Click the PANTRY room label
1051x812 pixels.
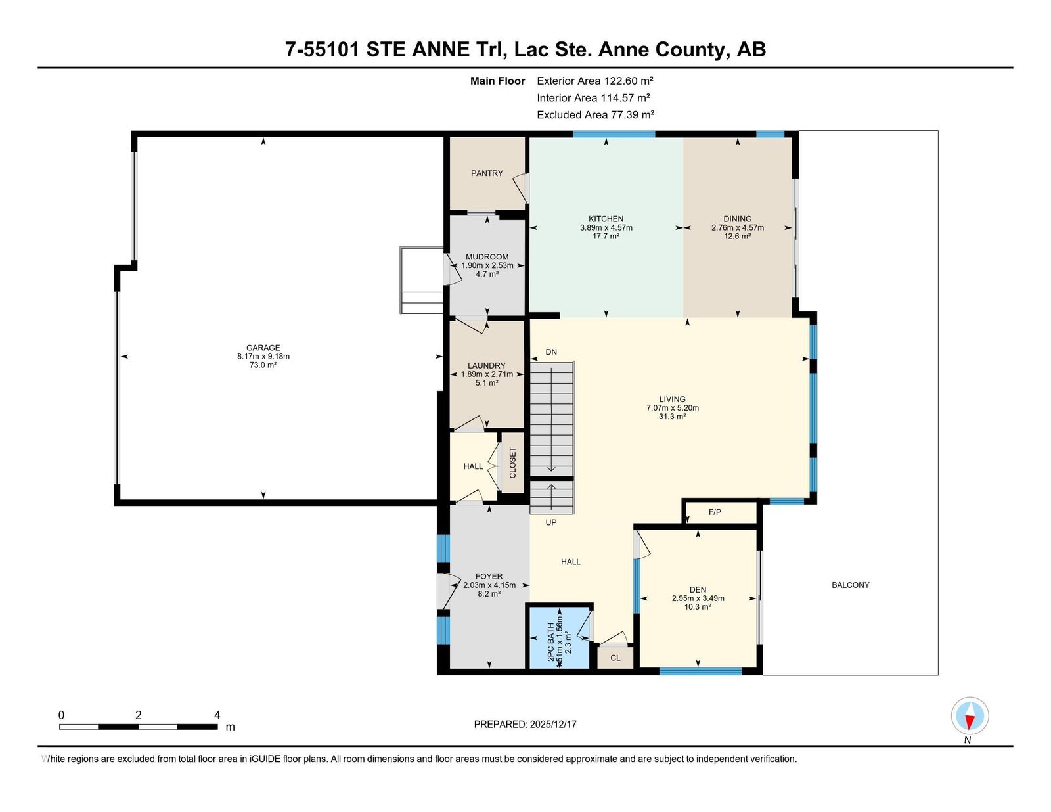[487, 173]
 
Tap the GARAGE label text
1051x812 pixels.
[263, 348]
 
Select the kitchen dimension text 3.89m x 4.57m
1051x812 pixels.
[606, 227]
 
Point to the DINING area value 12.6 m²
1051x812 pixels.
[737, 236]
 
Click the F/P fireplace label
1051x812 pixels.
[715, 512]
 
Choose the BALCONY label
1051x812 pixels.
[850, 585]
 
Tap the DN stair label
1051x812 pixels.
[551, 352]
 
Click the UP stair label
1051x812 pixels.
[551, 522]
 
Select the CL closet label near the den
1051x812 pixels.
[615, 658]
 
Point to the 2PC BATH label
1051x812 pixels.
[550, 643]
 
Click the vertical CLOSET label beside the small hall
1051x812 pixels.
[512, 462]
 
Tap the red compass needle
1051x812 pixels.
[970, 722]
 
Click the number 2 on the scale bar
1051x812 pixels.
[139, 715]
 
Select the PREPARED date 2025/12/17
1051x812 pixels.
[553, 724]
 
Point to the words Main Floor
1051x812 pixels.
[497, 81]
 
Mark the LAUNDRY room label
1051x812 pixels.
[487, 366]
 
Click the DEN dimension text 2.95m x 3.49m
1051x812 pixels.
[698, 598]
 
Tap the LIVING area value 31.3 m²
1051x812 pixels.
[672, 417]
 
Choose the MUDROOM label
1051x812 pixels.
[487, 257]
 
